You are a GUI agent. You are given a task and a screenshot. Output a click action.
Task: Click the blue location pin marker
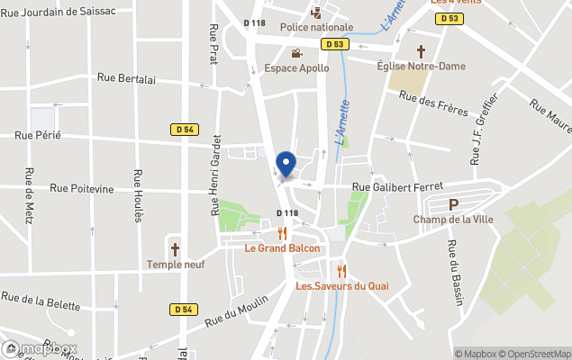pos(286,165)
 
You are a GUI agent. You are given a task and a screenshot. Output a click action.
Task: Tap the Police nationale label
pos(316,27)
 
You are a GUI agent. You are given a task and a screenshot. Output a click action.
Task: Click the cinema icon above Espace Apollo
pos(296,53)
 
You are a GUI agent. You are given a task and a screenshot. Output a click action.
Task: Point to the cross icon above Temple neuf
pos(175,249)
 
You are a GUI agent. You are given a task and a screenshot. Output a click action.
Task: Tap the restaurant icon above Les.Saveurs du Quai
pos(341,270)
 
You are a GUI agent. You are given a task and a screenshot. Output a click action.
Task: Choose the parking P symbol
pos(453,204)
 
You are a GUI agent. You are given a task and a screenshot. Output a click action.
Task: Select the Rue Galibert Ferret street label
pos(396,187)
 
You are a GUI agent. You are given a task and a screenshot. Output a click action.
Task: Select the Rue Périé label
pos(38,135)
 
